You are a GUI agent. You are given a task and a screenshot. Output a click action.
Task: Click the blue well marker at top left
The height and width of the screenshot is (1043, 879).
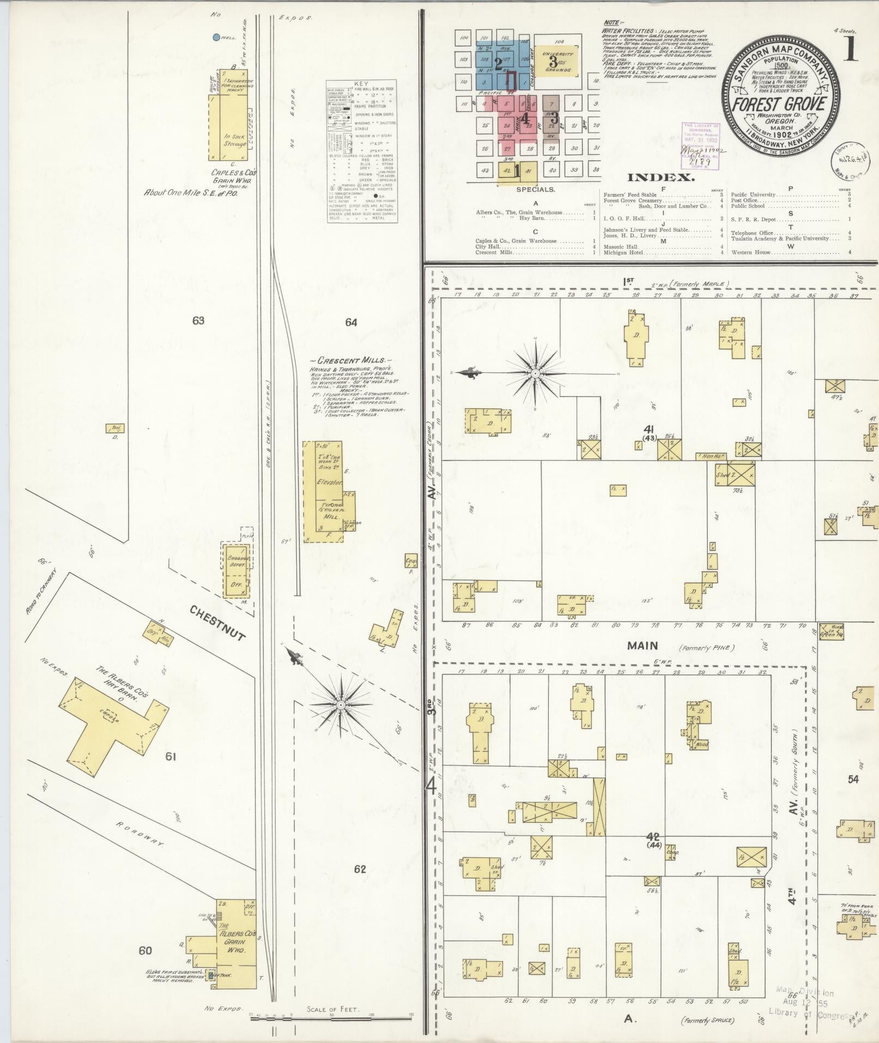[216, 38]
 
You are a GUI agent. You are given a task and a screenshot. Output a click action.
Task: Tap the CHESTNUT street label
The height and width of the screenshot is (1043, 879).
[218, 622]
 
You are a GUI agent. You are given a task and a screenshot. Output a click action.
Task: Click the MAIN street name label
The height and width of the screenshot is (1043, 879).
[642, 646]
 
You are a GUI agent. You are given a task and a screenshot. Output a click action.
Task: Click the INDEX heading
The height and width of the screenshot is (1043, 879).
[660, 178]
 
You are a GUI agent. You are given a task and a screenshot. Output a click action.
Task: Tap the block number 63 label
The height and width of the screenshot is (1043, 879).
[198, 321]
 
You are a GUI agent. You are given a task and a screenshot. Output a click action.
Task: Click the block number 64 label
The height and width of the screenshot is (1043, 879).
[351, 323]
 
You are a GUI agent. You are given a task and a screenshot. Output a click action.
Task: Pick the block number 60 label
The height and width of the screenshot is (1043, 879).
[145, 950]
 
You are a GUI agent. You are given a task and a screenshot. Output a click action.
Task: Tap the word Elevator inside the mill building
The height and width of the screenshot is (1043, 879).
[329, 483]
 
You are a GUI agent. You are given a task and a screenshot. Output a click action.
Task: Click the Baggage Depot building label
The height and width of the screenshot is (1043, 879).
[238, 562]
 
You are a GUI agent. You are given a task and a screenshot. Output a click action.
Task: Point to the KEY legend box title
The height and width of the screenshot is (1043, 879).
[361, 83]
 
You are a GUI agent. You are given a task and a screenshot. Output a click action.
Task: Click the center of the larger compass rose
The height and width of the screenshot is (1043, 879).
[535, 373]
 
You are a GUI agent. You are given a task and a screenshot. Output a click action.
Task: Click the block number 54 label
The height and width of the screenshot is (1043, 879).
[853, 780]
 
